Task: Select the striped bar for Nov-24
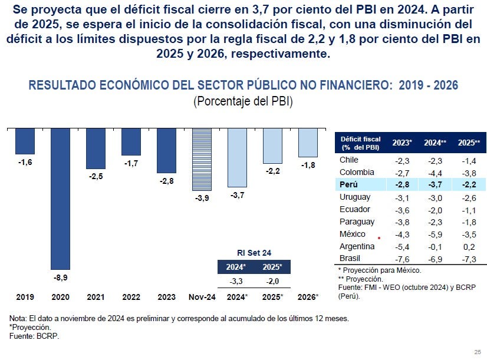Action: coord(202,160)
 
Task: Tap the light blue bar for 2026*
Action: coord(308,142)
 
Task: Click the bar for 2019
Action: coord(25,141)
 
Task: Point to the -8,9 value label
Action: coord(60,277)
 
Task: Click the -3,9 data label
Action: coord(202,199)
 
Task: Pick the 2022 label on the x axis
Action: coord(131,296)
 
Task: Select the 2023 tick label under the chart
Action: coord(166,296)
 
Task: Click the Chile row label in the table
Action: coord(349,160)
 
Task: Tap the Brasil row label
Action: coord(350,259)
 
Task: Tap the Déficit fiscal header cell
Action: coord(360,143)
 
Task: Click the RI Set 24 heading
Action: coord(255,252)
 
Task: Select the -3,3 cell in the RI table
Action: coord(236,280)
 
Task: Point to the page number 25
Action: coord(477,352)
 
